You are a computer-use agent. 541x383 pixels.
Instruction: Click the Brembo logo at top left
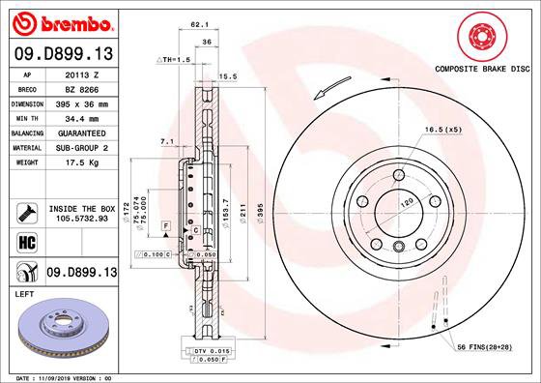(60, 21)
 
